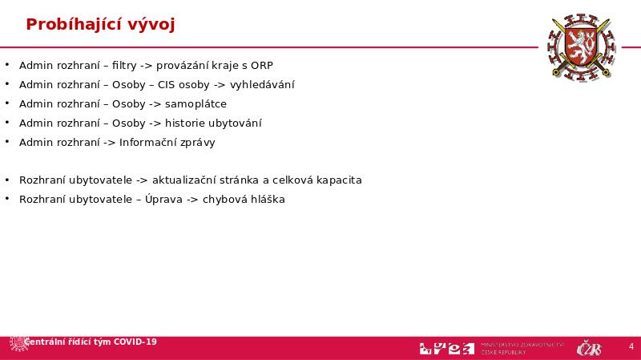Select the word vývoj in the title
pos(149,25)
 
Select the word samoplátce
pos(196,104)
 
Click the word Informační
pos(148,143)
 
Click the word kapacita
pos(339,180)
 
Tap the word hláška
pos(268,200)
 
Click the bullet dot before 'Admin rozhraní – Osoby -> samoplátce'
pos(6,104)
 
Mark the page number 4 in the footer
pos(631,347)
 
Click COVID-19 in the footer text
pos(135,342)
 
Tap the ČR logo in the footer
pos(589,348)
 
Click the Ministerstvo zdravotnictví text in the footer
pos(522,344)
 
